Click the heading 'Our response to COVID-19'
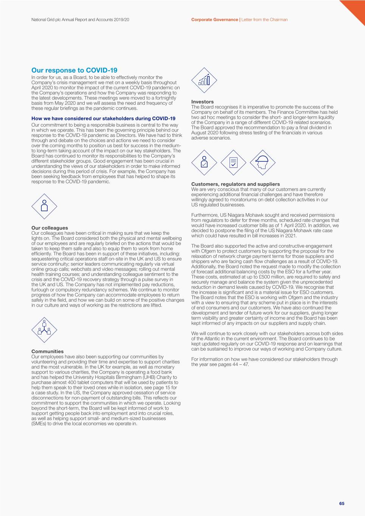(74, 70)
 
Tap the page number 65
(342, 503)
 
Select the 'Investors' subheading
(202, 102)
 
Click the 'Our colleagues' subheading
(50, 228)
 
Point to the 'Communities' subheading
(47, 351)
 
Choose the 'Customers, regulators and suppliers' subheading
(235, 184)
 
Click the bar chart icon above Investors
(204, 81)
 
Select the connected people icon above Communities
(44, 329)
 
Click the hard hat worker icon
(262, 163)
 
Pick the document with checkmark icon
(233, 163)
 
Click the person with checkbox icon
(204, 163)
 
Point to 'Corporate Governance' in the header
(214, 20)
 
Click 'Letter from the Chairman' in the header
(264, 20)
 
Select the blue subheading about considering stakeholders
(103, 118)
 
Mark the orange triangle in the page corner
(356, 9)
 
